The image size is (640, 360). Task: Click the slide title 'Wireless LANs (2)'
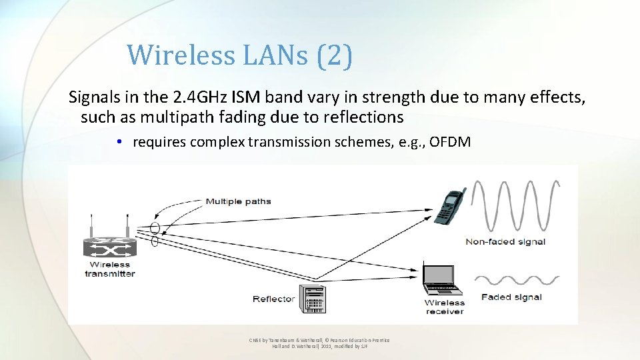click(239, 55)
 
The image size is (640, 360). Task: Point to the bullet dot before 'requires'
click(117, 142)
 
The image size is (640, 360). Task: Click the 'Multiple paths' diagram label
click(238, 201)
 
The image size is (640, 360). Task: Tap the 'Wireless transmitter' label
click(109, 269)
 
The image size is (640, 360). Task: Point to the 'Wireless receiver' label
click(445, 307)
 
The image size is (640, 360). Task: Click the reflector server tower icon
click(313, 299)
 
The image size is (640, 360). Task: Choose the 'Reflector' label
click(273, 299)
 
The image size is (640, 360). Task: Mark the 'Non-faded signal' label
click(505, 241)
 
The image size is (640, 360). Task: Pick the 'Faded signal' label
click(511, 297)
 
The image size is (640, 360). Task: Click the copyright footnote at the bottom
click(319, 343)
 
